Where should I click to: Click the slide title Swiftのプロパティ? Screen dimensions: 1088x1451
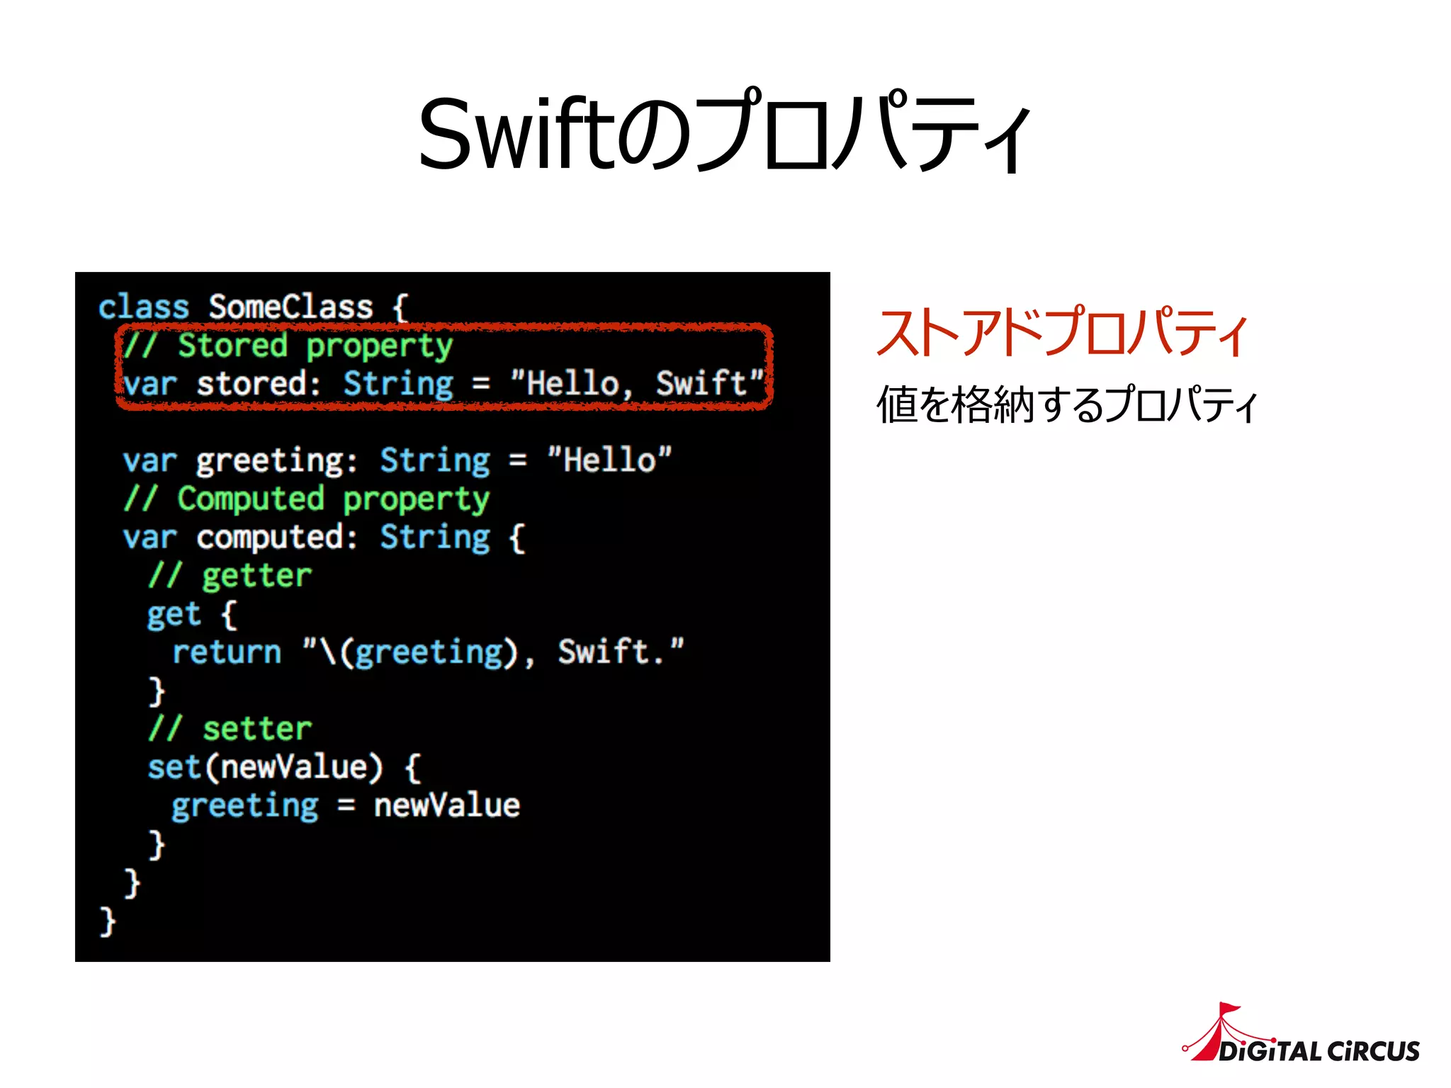tap(724, 132)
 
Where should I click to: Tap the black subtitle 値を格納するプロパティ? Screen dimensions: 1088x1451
tap(1066, 405)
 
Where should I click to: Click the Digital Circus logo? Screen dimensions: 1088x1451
tap(1302, 1036)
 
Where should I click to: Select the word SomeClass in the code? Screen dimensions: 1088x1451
tap(290, 307)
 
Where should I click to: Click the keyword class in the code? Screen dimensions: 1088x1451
tap(144, 307)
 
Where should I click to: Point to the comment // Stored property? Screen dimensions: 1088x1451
tap(287, 346)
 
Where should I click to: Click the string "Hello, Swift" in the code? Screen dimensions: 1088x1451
tap(638, 383)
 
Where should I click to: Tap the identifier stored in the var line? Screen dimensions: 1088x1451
tap(252, 383)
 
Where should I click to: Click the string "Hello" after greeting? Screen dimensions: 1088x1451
tap(609, 460)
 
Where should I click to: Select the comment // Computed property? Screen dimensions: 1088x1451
tap(306, 499)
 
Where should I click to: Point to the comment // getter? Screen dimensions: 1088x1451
tap(230, 575)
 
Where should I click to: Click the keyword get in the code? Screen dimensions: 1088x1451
tap(174, 613)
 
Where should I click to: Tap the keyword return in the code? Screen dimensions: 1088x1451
tap(227, 652)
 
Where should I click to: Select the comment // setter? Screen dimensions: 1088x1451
tap(230, 728)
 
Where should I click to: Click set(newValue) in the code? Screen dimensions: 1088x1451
tap(265, 766)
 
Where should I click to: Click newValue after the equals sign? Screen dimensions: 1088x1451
tap(447, 805)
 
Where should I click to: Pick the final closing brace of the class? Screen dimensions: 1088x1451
tap(108, 921)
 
